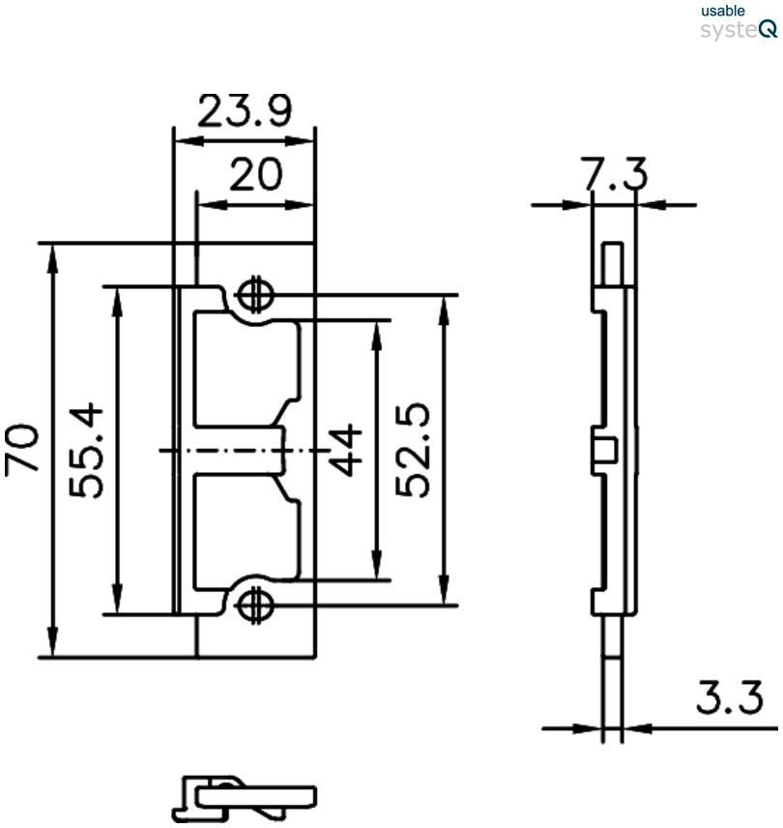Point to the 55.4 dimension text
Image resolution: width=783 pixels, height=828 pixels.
(x=89, y=451)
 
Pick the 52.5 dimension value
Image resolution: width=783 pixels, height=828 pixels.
(x=416, y=451)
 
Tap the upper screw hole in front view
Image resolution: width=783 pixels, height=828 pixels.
(x=255, y=294)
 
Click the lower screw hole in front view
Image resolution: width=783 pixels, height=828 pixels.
(x=255, y=605)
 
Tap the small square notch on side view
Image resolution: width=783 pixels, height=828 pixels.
(x=602, y=450)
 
